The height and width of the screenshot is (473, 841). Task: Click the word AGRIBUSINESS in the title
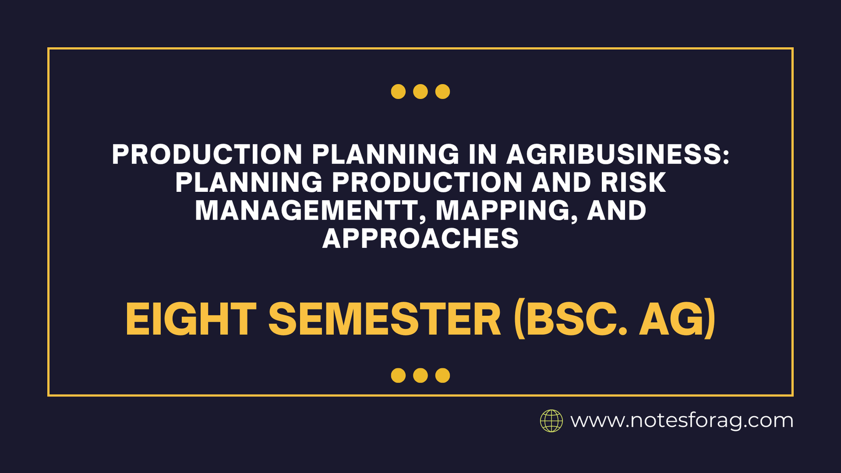(618, 155)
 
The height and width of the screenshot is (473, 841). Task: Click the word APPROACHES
(420, 239)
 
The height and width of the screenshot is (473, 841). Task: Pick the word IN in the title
(483, 155)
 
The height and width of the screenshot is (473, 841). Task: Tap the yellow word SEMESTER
(385, 320)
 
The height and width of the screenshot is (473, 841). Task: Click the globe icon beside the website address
(551, 421)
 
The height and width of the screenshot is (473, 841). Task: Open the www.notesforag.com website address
(682, 421)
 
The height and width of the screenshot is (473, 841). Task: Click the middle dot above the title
(420, 91)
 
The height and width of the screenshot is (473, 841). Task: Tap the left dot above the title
(398, 91)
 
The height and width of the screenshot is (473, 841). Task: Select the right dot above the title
(443, 91)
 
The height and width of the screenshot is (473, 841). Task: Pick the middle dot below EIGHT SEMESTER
(420, 375)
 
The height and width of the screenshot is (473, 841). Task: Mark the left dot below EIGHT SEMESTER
(398, 375)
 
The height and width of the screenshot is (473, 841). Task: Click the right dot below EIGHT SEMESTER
(443, 375)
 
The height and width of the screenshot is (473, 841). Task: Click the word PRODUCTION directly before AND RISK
(427, 182)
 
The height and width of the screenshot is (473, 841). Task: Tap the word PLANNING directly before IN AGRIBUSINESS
(386, 155)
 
